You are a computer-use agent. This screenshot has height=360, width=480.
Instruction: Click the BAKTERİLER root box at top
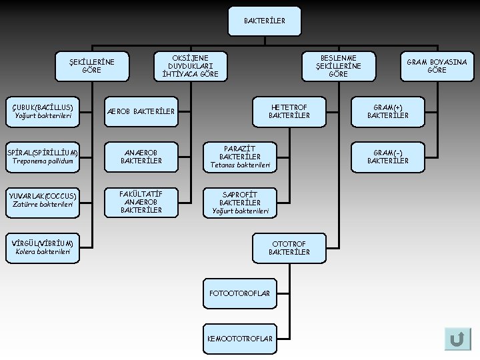coord(265,21)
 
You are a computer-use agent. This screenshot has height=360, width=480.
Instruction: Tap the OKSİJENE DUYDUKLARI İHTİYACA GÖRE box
coord(190,66)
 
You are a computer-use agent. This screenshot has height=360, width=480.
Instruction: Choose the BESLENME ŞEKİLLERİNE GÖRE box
coord(338,66)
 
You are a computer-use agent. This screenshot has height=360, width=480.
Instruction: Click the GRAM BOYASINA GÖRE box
coord(437,66)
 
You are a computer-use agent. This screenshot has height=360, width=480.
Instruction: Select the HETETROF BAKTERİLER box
coord(289,111)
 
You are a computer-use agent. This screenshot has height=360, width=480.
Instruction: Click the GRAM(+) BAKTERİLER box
coord(388,111)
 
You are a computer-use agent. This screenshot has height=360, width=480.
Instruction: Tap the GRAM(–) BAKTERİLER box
coord(388,157)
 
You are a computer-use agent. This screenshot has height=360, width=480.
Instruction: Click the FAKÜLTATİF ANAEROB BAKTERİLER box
coord(141,202)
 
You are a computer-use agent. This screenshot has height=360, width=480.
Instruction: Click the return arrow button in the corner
coord(457,339)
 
